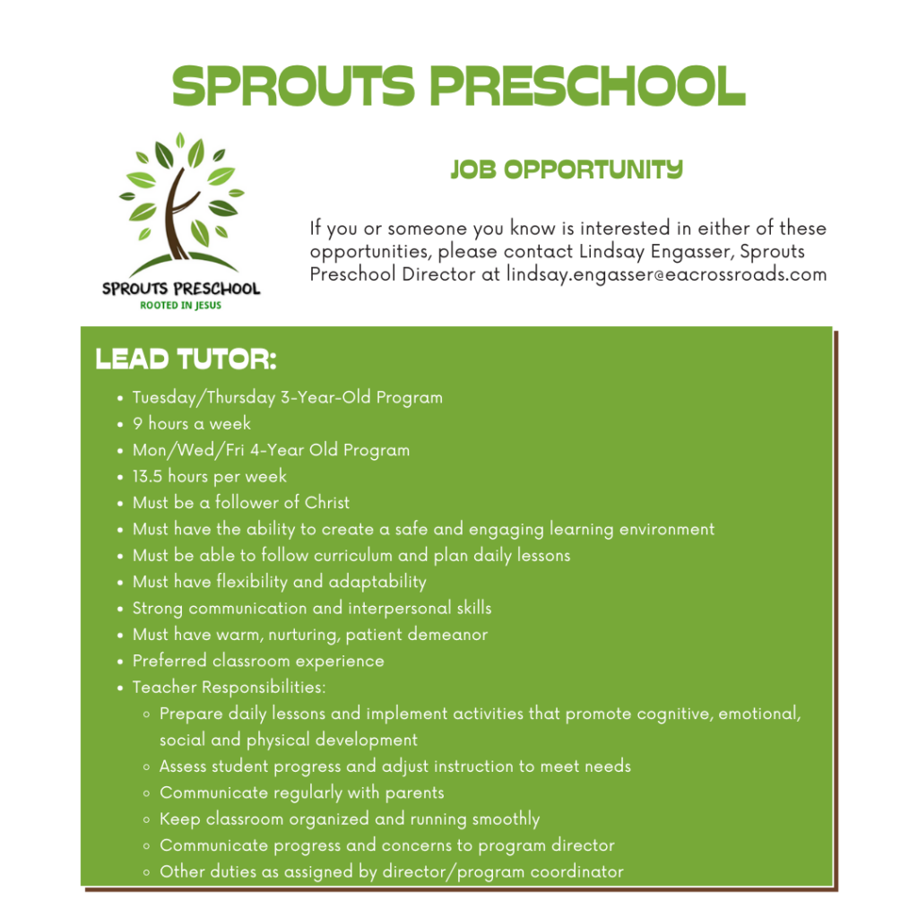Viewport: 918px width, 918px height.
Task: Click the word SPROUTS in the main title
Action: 293,87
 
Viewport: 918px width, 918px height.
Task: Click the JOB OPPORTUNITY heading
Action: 567,169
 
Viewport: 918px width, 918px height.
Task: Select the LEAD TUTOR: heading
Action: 186,360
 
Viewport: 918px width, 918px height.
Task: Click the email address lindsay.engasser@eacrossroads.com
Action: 666,274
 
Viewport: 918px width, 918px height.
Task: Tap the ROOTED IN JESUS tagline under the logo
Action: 181,305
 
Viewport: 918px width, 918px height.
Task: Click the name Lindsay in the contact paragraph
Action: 584,252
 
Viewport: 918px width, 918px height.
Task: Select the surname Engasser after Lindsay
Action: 659,252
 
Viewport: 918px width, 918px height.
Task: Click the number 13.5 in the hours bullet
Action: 147,476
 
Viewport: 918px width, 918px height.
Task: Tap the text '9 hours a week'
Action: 192,423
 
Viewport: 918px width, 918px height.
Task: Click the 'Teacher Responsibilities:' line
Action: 229,688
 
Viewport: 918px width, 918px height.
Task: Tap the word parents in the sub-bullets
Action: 414,792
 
